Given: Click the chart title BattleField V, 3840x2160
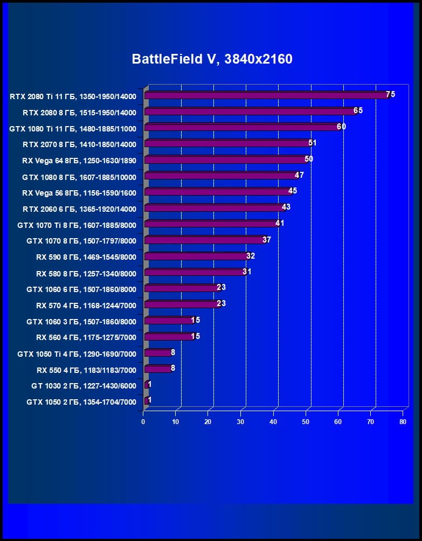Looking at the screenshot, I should [212, 59].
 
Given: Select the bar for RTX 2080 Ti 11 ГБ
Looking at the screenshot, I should [266, 95].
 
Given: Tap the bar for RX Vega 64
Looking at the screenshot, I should [225, 160].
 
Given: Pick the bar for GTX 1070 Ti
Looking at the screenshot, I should [211, 224].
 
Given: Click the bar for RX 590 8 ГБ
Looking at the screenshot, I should [196, 256].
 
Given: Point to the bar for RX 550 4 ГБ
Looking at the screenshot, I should [157, 369].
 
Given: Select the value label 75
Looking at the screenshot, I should [390, 94].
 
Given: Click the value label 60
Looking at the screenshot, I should [341, 127].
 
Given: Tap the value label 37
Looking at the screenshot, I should [267, 239].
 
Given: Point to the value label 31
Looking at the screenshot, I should [247, 272].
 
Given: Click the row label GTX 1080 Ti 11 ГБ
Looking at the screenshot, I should [73, 129].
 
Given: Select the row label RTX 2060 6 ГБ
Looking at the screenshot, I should [79, 209].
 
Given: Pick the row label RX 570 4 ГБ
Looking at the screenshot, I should [86, 306].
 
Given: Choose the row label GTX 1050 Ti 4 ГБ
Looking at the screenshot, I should [77, 354].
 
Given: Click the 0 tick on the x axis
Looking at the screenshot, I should [143, 422].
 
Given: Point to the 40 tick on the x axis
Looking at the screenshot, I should [273, 422].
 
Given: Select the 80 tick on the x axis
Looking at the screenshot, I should [403, 422].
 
